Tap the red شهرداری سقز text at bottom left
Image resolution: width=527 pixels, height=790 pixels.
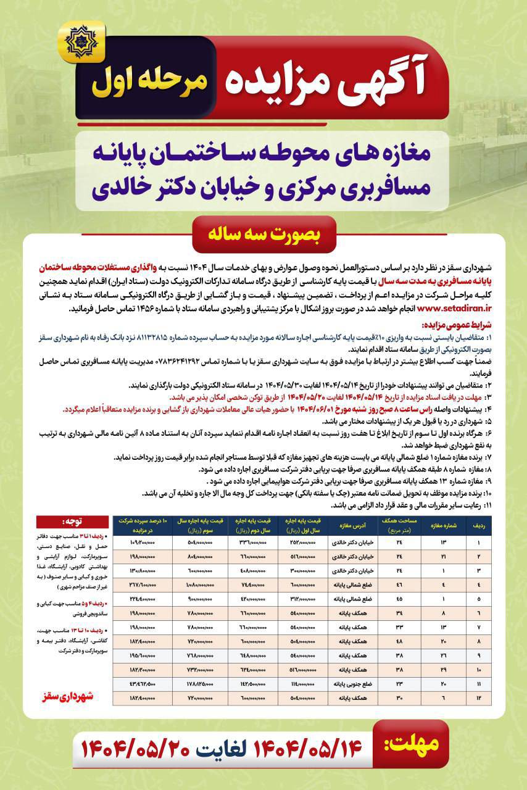73,696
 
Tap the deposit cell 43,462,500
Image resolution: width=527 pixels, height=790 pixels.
142,683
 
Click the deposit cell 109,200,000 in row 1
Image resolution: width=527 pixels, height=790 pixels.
142,542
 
